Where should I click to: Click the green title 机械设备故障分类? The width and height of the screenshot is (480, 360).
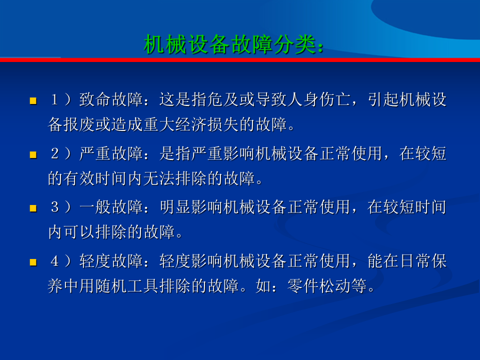229,44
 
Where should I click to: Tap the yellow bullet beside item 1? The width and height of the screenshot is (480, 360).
33,100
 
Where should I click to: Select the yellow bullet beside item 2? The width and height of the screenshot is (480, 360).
33,154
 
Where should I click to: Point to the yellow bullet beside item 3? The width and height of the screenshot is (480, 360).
33,208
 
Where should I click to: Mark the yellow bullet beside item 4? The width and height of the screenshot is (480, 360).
33,262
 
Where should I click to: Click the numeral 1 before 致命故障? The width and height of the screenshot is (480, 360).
54,99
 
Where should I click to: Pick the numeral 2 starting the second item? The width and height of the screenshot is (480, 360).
54,153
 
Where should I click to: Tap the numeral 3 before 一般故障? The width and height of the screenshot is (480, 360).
54,207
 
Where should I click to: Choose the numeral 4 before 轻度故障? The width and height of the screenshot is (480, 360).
54,261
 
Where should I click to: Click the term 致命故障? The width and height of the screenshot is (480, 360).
111,99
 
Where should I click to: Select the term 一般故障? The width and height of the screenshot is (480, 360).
111,207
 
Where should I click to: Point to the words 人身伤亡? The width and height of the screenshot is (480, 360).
318,99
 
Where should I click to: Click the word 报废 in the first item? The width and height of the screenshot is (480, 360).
79,124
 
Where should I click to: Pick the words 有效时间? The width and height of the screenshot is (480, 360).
95,178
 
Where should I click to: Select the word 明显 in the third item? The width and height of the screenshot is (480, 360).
175,207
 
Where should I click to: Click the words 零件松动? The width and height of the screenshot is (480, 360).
318,286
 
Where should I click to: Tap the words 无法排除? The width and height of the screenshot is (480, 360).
175,178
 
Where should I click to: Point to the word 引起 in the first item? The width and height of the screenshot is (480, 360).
383,99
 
